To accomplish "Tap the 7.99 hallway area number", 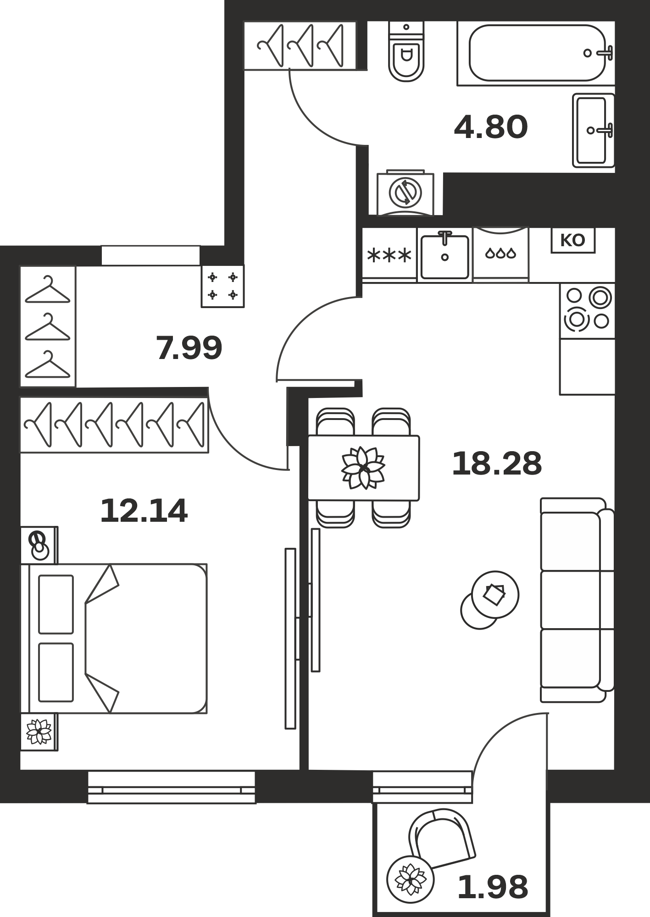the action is [189, 348].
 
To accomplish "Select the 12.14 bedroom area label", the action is [144, 511].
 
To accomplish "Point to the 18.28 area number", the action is [497, 464].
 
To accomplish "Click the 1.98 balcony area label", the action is [493, 887].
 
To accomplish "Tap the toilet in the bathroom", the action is [406, 51].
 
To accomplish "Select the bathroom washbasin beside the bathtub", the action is [594, 130].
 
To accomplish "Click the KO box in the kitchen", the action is [573, 240].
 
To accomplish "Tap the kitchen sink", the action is [445, 255].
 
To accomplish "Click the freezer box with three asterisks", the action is [390, 255].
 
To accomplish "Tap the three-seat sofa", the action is [577, 600].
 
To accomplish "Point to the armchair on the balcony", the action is [441, 838].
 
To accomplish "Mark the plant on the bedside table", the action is [39, 732].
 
